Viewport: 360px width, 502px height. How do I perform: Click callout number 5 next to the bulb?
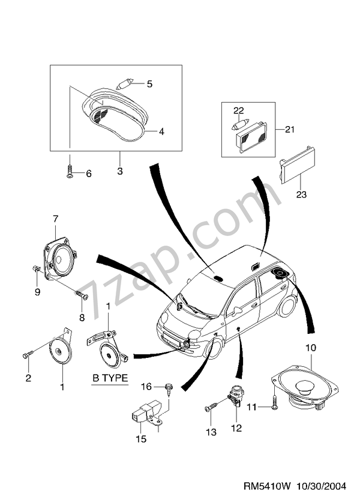pos(149,84)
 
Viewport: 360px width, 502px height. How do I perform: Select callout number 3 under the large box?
pos(120,171)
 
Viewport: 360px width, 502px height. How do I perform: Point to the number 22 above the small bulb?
pos(239,110)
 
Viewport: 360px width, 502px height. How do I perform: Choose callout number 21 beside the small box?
pos(290,129)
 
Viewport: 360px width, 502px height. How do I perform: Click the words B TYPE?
pos(110,378)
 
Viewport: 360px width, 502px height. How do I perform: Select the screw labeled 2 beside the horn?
pos(28,354)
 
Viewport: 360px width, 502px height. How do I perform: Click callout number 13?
pos(211,432)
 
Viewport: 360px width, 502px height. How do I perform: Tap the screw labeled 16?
pos(167,389)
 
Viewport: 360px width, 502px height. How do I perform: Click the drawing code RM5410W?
pos(267,486)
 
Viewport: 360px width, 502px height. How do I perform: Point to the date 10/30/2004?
pos(322,486)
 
